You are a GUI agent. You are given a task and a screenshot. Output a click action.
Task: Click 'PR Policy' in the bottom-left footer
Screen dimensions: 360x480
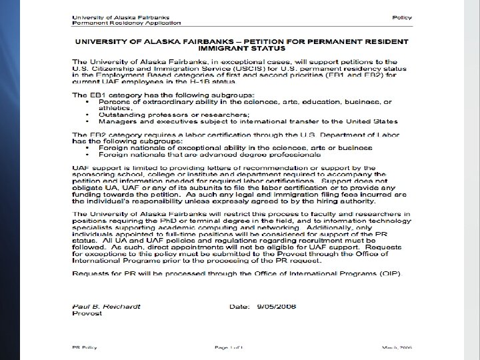click(x=85, y=347)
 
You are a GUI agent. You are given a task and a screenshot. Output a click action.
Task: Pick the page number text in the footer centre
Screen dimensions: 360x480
click(x=231, y=347)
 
